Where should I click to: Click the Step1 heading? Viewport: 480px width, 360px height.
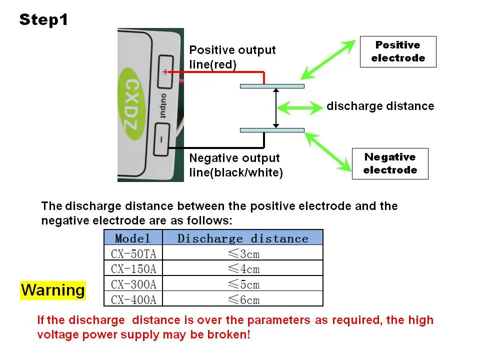pyautogui.click(x=43, y=20)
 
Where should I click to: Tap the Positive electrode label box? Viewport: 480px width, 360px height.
pyautogui.click(x=398, y=51)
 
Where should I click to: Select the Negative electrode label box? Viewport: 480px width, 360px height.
pyautogui.click(x=390, y=164)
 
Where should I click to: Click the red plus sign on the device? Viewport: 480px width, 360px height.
pyautogui.click(x=165, y=72)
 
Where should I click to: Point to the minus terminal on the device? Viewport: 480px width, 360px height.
pyautogui.click(x=161, y=139)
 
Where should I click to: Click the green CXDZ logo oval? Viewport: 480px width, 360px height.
pyautogui.click(x=131, y=103)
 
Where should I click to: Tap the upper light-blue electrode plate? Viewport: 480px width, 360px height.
pyautogui.click(x=272, y=86)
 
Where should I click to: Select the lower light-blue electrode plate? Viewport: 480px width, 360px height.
pyautogui.click(x=272, y=130)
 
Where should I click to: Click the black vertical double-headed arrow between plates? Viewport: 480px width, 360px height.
pyautogui.click(x=276, y=108)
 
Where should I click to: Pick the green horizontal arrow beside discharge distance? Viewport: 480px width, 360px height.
pyautogui.click(x=299, y=108)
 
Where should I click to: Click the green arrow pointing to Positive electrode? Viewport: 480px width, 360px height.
pyautogui.click(x=328, y=59)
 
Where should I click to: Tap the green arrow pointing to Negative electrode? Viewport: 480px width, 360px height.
pyautogui.click(x=327, y=152)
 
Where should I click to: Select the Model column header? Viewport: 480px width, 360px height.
pyautogui.click(x=133, y=237)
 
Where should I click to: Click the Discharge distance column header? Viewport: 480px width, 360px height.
pyautogui.click(x=243, y=237)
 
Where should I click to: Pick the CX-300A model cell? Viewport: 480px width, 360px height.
pyautogui.click(x=133, y=284)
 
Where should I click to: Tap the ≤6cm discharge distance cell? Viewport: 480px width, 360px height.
pyautogui.click(x=243, y=299)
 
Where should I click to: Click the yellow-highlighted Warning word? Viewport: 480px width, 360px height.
pyautogui.click(x=53, y=290)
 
